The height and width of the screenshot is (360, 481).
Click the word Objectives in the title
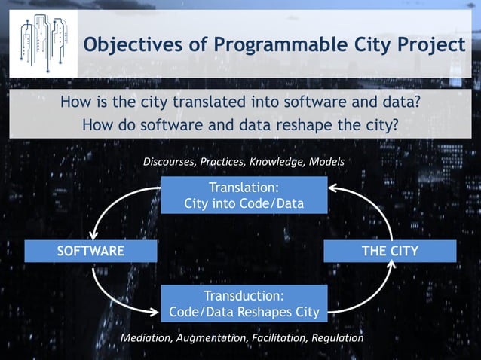point(121,45)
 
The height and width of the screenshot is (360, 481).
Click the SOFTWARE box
point(90,251)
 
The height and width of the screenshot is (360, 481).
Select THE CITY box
point(390,251)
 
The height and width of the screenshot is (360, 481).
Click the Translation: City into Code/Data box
point(244,195)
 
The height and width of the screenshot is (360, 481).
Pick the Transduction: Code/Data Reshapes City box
point(244,303)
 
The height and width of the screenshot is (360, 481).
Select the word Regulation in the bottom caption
point(337,338)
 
